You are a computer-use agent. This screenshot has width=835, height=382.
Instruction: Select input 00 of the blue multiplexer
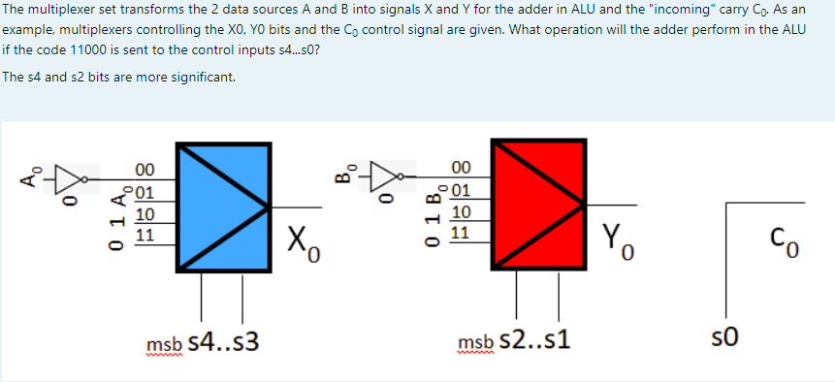click(144, 168)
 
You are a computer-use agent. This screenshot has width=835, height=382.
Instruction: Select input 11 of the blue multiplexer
click(144, 233)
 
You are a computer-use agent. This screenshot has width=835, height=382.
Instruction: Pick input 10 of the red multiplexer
click(462, 211)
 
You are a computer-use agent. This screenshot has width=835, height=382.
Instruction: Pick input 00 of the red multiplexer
click(462, 168)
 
